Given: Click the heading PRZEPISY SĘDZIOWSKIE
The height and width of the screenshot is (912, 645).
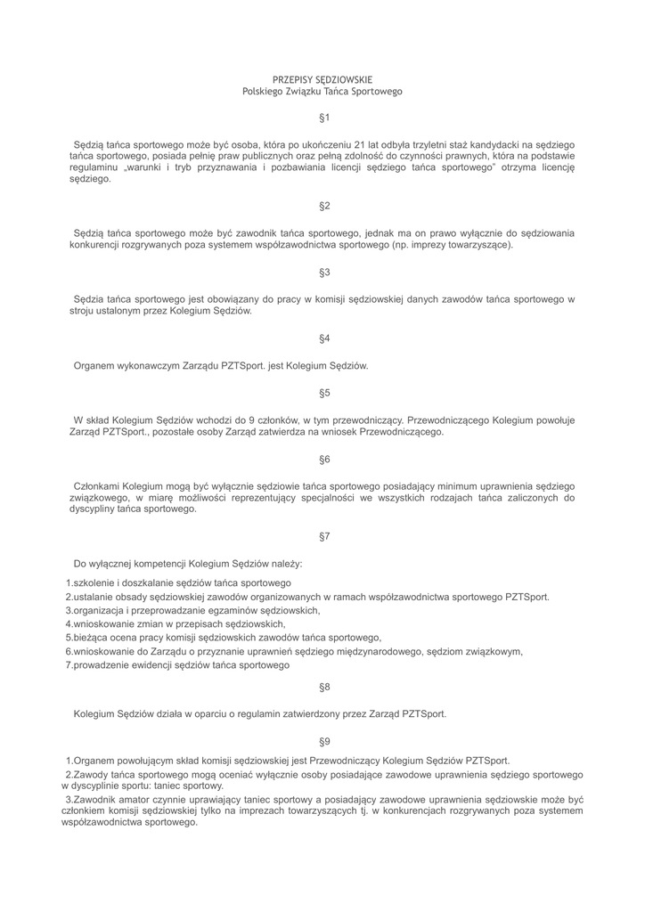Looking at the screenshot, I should [322, 80].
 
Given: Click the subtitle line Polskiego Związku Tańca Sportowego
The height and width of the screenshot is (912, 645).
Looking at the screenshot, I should [322, 92].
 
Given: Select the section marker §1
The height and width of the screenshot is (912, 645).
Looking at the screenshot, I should [324, 118].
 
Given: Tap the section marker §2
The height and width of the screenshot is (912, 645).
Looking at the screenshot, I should [324, 207].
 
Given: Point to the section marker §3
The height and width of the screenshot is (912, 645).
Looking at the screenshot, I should [324, 273].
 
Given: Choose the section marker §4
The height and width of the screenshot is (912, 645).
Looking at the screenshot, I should [324, 338].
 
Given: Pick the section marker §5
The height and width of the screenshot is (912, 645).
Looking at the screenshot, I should [324, 393].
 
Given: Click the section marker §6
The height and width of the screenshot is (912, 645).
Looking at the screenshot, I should [324, 460].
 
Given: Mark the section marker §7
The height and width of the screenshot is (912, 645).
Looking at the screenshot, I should [324, 536].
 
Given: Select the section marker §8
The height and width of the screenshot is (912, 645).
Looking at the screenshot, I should [324, 688].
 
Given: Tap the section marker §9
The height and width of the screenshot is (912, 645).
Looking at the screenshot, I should [324, 742].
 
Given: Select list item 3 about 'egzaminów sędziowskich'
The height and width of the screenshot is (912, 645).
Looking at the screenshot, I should [192, 610].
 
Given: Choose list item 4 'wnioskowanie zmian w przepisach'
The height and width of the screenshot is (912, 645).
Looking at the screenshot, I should [176, 624].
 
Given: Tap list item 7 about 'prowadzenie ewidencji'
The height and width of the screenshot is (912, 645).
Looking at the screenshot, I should [178, 665].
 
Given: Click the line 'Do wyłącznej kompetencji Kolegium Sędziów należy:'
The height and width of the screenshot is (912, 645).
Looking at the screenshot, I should [188, 563].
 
